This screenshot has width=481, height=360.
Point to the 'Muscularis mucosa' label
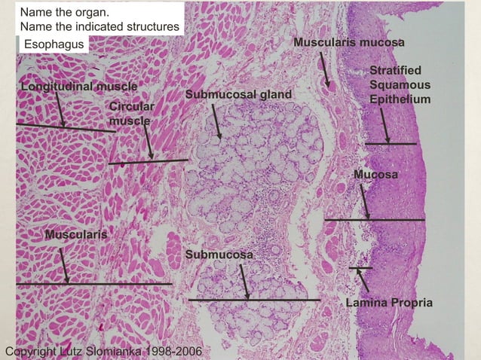pos(349,42)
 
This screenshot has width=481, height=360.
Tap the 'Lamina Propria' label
pos(388,303)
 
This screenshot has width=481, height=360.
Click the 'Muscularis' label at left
pos(75,235)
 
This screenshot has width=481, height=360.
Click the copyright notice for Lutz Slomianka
pos(103,352)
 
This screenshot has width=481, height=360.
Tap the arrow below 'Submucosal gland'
pos(217,121)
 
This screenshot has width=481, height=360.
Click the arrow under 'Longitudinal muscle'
pos(60,111)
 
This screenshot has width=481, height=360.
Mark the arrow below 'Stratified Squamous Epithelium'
pos(384,127)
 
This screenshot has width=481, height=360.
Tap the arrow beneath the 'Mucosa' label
pos(365,202)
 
